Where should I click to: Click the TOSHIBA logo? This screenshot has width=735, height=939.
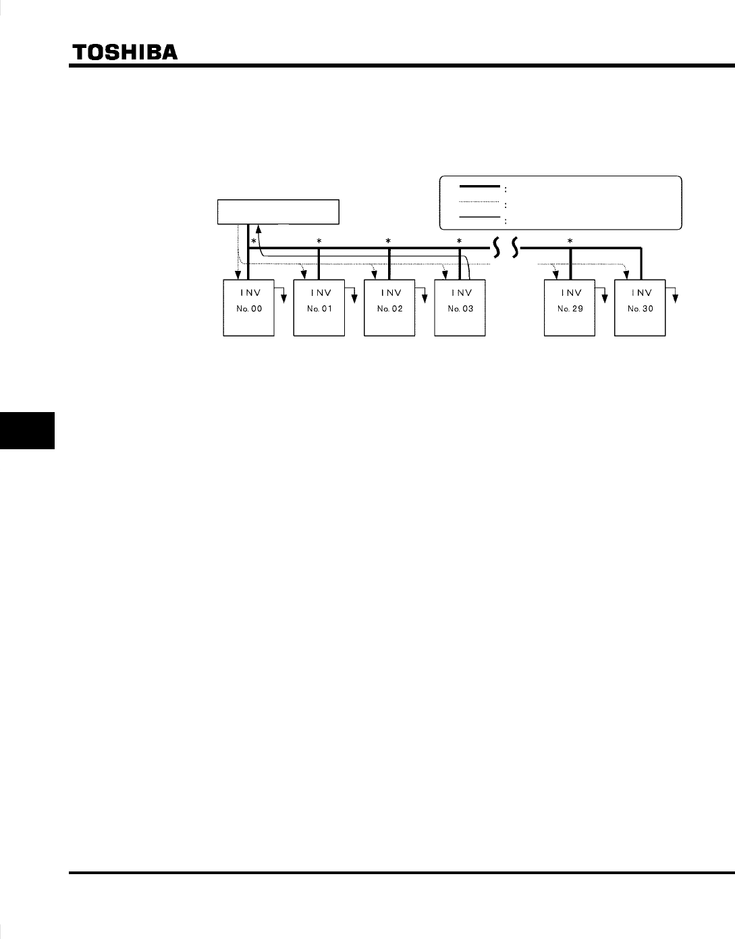pyautogui.click(x=125, y=53)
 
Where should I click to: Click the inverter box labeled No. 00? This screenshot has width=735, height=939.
pyautogui.click(x=248, y=308)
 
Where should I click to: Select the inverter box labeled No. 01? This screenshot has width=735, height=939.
pyautogui.click(x=319, y=308)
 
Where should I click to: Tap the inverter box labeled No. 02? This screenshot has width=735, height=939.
pyautogui.click(x=389, y=308)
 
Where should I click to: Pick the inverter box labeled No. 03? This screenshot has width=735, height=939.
pyautogui.click(x=459, y=308)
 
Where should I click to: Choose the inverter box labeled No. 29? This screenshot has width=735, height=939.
pyautogui.click(x=570, y=308)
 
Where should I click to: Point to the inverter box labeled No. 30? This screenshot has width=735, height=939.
pyautogui.click(x=640, y=308)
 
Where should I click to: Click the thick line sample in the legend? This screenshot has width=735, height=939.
pyautogui.click(x=479, y=185)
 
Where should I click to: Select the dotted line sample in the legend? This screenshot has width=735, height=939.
pyautogui.click(x=479, y=201)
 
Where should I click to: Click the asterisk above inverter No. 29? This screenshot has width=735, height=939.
pyautogui.click(x=570, y=241)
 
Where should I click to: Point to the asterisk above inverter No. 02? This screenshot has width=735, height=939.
pyautogui.click(x=388, y=241)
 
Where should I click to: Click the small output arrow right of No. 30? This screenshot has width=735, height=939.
pyautogui.click(x=676, y=295)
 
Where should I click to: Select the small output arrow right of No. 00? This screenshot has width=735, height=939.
pyautogui.click(x=284, y=295)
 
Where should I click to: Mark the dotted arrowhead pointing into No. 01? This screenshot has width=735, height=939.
pyautogui.click(x=304, y=274)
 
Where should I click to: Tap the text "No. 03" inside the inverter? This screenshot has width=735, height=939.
pyautogui.click(x=459, y=309)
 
